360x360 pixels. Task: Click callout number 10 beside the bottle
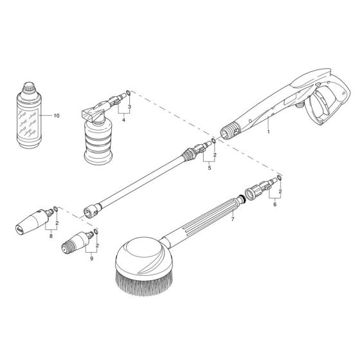(x=56, y=116)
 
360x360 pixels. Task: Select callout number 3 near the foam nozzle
(x=130, y=106)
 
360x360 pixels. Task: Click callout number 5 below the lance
(x=209, y=169)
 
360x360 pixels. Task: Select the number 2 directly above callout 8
(x=58, y=222)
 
